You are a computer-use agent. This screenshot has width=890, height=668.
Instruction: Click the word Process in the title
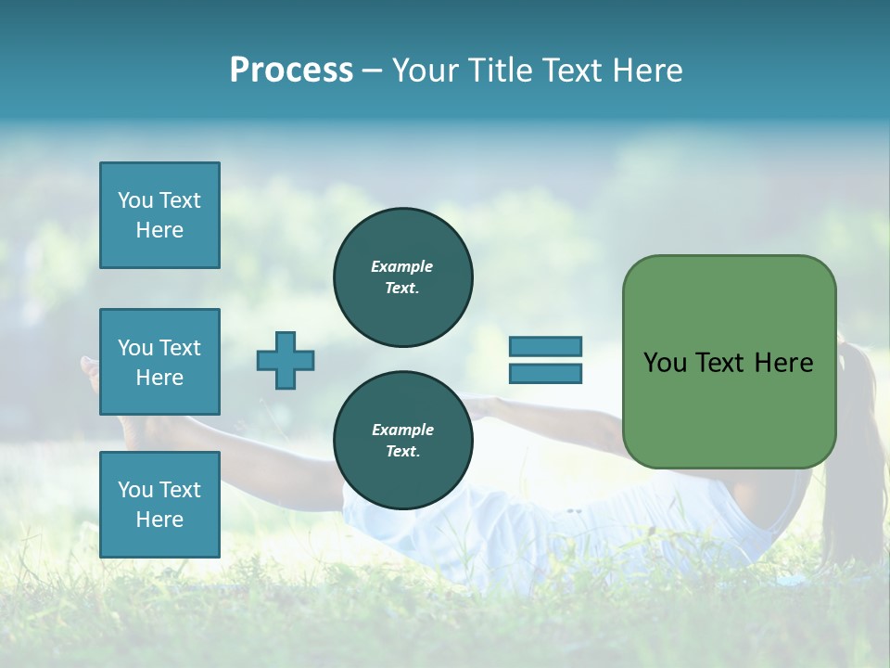pyautogui.click(x=291, y=71)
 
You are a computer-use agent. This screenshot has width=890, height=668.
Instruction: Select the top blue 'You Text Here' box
pyautogui.click(x=159, y=215)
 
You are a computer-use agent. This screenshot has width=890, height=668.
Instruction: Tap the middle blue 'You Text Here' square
pyautogui.click(x=159, y=362)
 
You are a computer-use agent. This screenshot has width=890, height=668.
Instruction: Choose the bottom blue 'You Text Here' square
pyautogui.click(x=159, y=504)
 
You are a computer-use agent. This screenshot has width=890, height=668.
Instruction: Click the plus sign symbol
pyautogui.click(x=286, y=360)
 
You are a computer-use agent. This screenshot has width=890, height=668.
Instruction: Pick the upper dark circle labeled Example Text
pyautogui.click(x=402, y=277)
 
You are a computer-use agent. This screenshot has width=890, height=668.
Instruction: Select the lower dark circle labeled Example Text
pyautogui.click(x=402, y=441)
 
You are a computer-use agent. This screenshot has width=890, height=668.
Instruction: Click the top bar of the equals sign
pyautogui.click(x=545, y=346)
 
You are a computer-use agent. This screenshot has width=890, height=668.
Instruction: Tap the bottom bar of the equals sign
pyautogui.click(x=545, y=374)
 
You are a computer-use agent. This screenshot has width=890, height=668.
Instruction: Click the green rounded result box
pyautogui.click(x=729, y=361)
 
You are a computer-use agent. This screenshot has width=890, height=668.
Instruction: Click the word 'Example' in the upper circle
pyautogui.click(x=402, y=266)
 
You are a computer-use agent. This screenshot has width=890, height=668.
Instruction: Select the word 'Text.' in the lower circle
pyautogui.click(x=402, y=452)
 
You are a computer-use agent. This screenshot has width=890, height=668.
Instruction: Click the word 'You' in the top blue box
pyautogui.click(x=134, y=200)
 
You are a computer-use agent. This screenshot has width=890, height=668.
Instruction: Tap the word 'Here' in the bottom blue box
pyautogui.click(x=159, y=520)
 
